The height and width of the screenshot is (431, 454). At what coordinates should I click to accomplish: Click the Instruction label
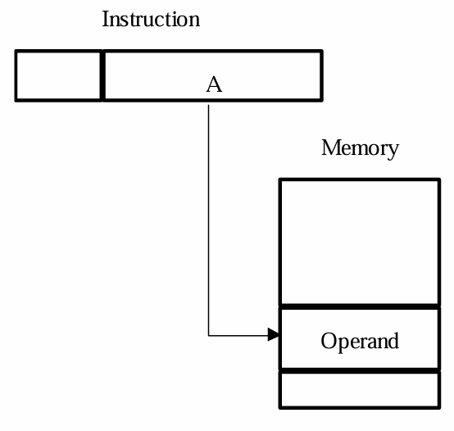[x=151, y=19]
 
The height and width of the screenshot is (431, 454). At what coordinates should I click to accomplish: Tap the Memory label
[x=361, y=148]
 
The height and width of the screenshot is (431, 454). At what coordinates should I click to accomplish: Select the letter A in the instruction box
[x=214, y=84]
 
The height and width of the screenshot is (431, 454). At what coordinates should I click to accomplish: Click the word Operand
[x=360, y=342]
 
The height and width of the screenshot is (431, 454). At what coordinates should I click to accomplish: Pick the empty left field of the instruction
[x=58, y=76]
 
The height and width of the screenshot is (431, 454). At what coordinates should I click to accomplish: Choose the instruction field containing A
[x=213, y=76]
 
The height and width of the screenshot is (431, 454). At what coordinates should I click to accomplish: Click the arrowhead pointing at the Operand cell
[x=274, y=334]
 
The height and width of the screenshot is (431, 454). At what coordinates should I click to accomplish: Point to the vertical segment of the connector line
[x=208, y=220]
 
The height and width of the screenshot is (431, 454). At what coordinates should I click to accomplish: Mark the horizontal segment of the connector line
[x=238, y=335]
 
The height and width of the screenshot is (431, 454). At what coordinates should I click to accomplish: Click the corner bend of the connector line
[x=208, y=335]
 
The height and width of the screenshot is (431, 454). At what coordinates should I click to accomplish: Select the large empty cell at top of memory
[x=360, y=243]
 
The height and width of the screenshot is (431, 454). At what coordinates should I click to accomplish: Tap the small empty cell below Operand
[x=360, y=390]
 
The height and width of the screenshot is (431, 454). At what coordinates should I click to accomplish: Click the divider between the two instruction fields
[x=102, y=76]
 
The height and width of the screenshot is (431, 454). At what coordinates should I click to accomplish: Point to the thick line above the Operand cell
[x=360, y=306]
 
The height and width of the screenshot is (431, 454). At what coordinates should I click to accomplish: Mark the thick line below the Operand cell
[x=360, y=371]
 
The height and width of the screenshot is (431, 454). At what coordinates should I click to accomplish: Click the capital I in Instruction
[x=106, y=19]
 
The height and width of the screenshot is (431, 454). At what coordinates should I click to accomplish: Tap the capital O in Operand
[x=329, y=340]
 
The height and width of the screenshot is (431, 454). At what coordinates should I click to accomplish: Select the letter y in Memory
[x=393, y=152]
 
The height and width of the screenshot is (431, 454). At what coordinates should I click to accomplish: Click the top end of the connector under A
[x=208, y=105]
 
